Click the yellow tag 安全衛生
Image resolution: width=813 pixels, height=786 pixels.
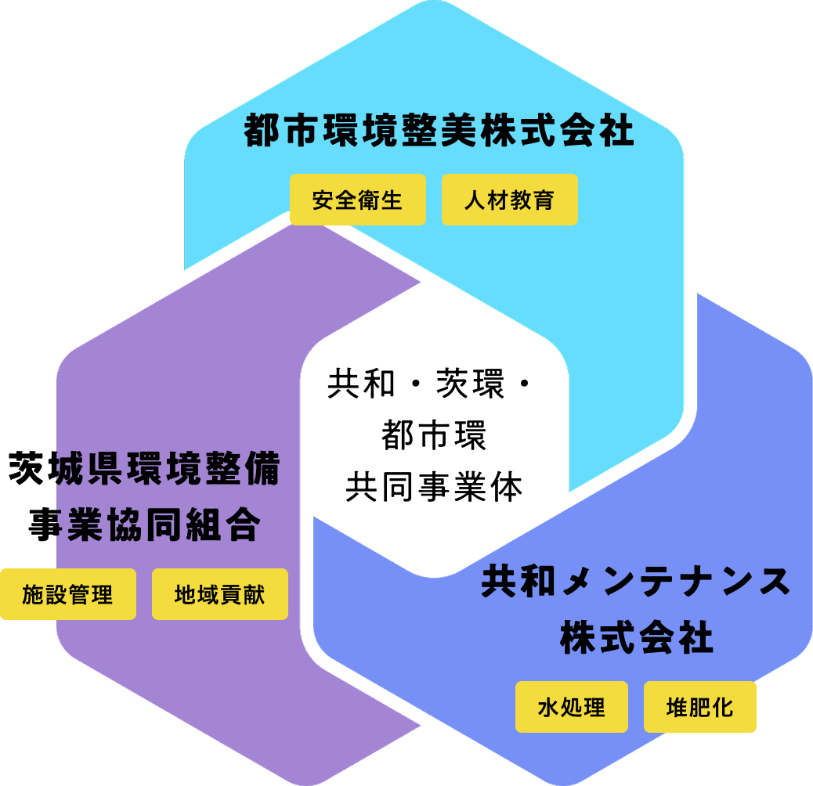pyautogui.click(x=357, y=200)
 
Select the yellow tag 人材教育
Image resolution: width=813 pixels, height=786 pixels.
pyautogui.click(x=509, y=200)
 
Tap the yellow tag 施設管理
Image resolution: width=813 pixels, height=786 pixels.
pyautogui.click(x=67, y=594)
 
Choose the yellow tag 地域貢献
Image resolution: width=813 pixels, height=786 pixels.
pyautogui.click(x=219, y=594)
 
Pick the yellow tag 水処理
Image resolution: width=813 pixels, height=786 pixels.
pyautogui.click(x=571, y=707)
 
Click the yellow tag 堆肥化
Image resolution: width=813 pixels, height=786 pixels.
pyautogui.click(x=699, y=707)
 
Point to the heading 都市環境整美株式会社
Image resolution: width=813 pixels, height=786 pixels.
pyautogui.click(x=439, y=131)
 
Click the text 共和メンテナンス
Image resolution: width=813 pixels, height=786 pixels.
pyautogui.click(x=635, y=582)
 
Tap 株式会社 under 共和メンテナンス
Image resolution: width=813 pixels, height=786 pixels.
pyautogui.click(x=636, y=638)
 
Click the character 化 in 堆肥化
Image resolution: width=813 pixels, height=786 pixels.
pyautogui.click(x=723, y=707)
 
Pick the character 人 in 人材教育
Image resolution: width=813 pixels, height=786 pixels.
pyautogui.click(x=474, y=200)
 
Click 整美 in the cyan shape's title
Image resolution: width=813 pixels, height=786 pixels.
pyautogui.click(x=439, y=131)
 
